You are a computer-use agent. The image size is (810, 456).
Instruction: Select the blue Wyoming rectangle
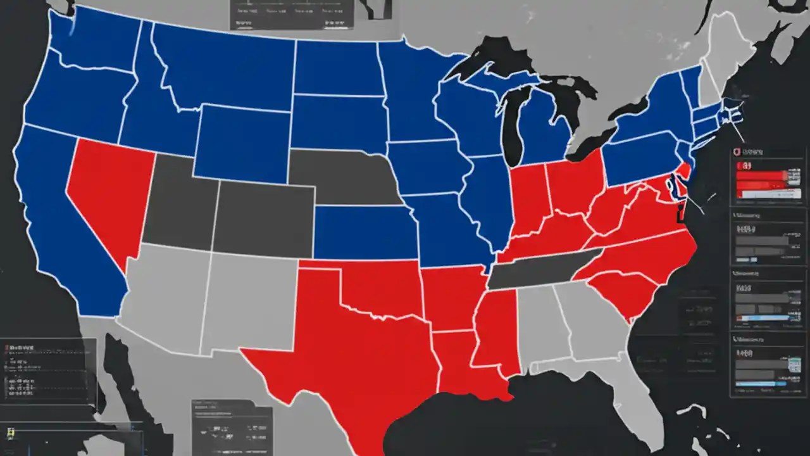pos(240,142)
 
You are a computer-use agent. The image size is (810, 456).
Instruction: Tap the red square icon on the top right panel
pos(736,153)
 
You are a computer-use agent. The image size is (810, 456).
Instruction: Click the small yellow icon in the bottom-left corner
pos(9,433)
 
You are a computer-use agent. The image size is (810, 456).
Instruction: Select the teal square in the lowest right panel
pos(794,365)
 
